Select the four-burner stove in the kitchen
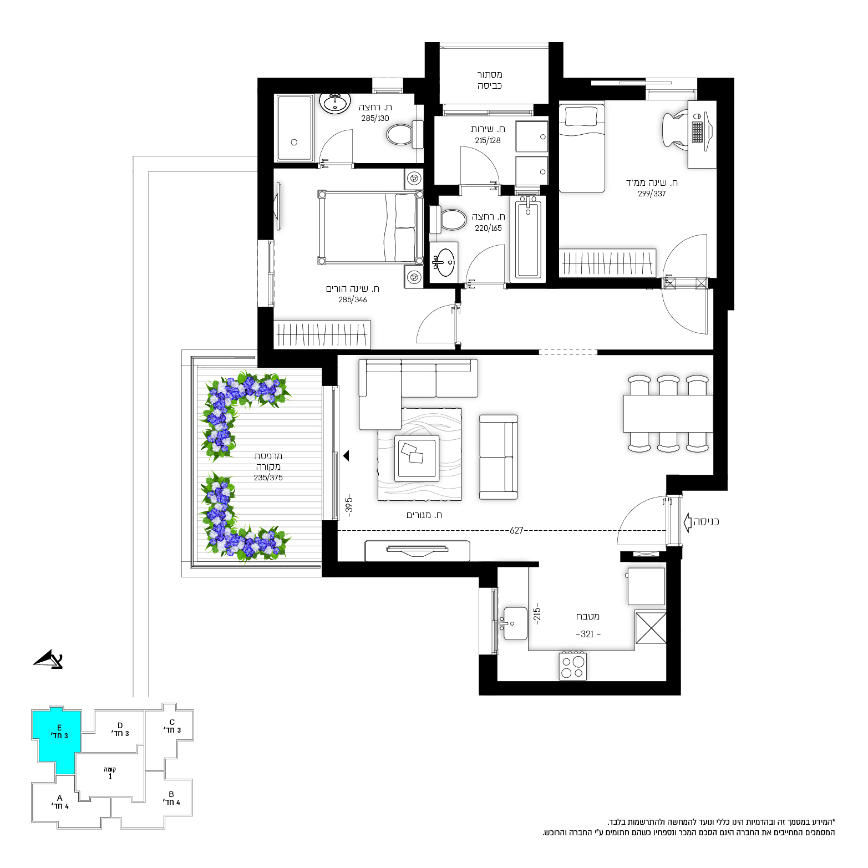573,666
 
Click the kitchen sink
515,623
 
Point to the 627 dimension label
516,530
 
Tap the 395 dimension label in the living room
349,506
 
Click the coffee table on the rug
417,458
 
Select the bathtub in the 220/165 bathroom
527,238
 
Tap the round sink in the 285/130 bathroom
335,103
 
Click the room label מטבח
587,616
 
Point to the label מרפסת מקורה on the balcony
268,461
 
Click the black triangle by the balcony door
346,456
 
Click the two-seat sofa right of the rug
498,457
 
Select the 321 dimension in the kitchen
587,634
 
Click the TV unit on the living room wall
417,551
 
